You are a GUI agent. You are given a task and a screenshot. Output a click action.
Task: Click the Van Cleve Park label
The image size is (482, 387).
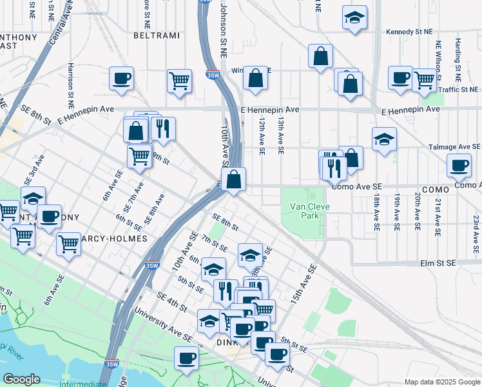pos(305,211)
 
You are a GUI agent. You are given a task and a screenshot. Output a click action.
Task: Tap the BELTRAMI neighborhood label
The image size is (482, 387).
pos(156,35)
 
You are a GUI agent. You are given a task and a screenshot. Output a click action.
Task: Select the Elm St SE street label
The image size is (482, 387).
pos(438,263)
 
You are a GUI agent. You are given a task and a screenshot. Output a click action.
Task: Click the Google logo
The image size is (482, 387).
pos(22,379)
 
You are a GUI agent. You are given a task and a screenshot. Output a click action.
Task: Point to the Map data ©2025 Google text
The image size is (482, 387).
pos(441,382)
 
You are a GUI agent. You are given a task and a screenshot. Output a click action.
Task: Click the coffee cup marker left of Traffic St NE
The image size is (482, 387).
pos(400,78)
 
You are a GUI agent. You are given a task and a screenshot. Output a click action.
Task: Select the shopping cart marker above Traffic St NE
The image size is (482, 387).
pos(424,80)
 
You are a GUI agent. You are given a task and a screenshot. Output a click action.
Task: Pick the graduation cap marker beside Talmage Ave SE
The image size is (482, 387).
pos(384,139)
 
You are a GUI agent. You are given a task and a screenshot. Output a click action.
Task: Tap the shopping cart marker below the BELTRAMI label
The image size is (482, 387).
pos(179,81)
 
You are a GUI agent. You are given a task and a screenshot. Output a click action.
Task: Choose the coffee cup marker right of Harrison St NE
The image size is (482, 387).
pos(121,79)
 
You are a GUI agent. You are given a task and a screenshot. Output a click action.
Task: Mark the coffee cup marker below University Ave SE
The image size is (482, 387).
pos(187,357)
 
